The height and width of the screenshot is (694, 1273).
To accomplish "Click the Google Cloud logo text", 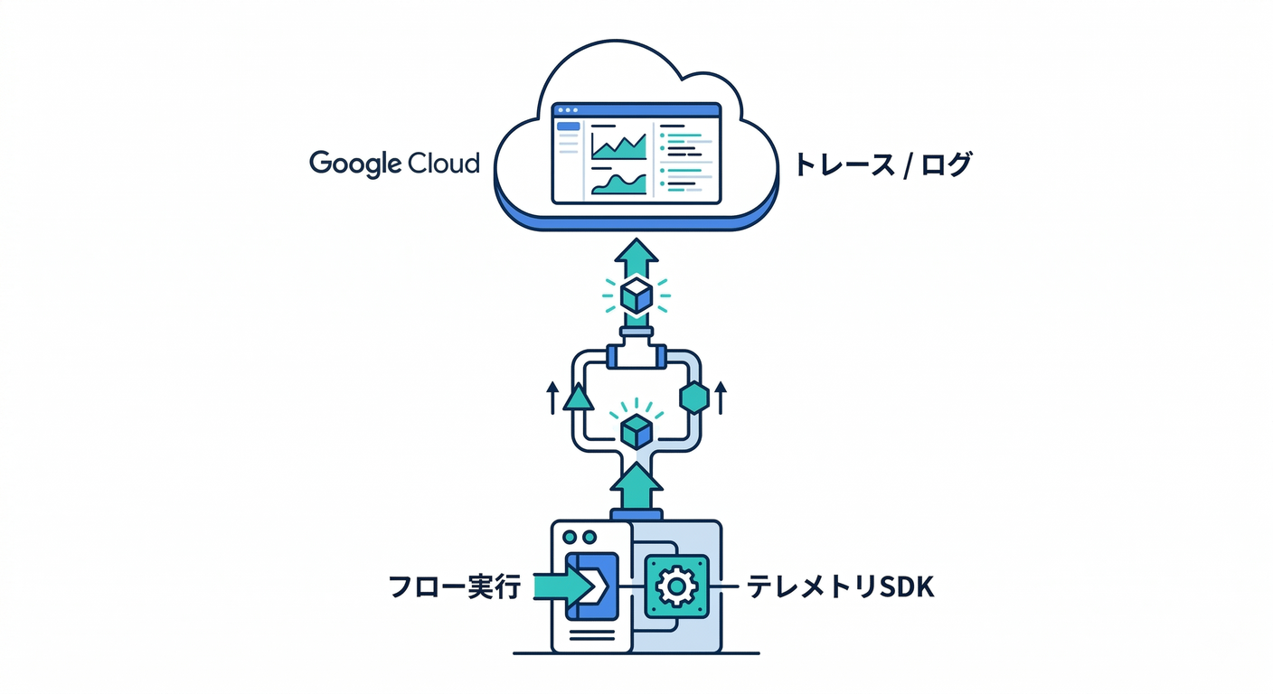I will (394, 164).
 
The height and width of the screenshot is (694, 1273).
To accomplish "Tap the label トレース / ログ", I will (882, 165).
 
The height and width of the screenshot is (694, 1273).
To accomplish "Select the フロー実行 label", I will (455, 587).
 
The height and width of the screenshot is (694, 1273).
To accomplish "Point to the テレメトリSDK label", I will (840, 587).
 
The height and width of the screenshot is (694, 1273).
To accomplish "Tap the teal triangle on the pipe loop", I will (579, 398).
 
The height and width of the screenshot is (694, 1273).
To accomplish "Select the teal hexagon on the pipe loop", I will (693, 398).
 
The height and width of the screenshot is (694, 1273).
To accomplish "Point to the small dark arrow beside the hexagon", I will (720, 398).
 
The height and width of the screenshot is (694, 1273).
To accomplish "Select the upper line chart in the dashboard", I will (618, 145).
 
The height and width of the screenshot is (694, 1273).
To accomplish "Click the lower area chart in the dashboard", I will (618, 183).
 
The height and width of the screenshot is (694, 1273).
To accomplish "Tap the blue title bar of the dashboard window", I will (637, 111).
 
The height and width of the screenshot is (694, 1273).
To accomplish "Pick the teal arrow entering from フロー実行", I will (552, 587).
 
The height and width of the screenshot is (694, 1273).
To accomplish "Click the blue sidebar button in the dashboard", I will (568, 127).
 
